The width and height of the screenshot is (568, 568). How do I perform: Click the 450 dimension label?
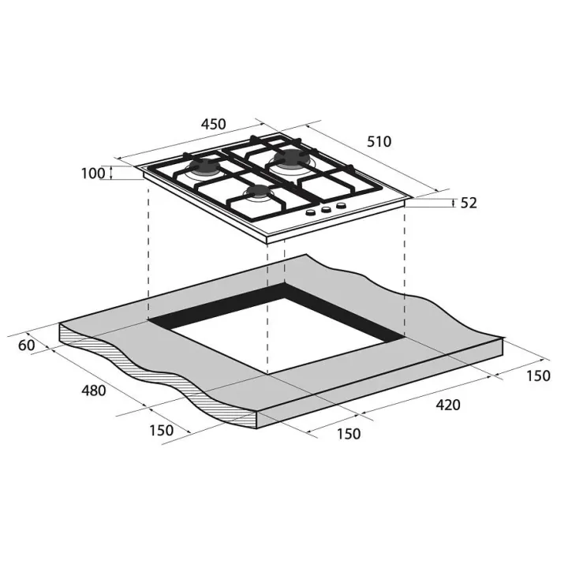[x=213, y=125]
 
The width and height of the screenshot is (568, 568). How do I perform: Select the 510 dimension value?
[x=379, y=142]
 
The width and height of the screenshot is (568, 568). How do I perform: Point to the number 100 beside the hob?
[x=93, y=174]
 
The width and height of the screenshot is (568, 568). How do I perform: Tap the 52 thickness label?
[x=469, y=204]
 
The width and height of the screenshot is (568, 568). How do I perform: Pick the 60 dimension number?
[x=27, y=346]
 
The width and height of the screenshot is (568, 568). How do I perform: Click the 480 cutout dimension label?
[x=93, y=390]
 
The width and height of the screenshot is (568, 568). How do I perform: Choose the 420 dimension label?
[x=448, y=405]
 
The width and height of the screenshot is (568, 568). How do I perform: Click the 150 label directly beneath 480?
[x=162, y=431]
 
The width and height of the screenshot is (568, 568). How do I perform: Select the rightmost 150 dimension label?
[x=538, y=376]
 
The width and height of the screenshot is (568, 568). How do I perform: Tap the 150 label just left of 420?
[x=349, y=434]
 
